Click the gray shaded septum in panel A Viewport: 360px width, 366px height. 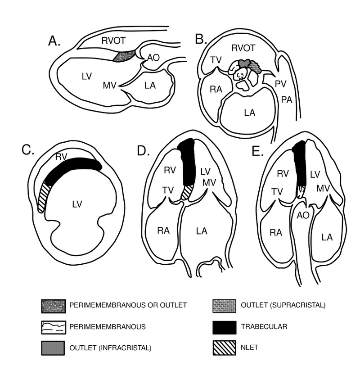pos(124,56)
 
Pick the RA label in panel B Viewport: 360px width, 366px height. pos(216,89)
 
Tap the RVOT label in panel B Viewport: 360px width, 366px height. pos(243,48)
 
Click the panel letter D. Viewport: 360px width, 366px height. pos(143,151)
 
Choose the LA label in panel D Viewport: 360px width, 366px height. pos(202,231)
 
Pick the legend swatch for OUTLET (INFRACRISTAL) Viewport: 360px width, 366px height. pos(53,349)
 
